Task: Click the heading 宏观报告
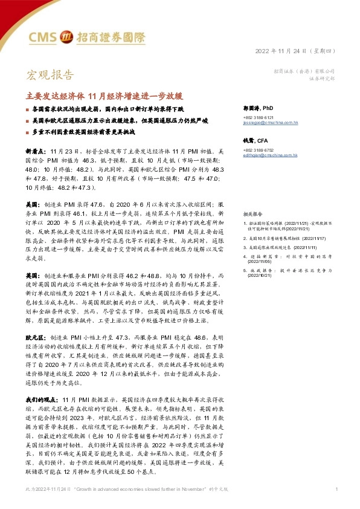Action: click(x=50, y=76)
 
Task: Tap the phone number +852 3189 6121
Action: click(x=258, y=117)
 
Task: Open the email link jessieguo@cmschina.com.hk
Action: click(x=271, y=122)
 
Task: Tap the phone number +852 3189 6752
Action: click(x=258, y=150)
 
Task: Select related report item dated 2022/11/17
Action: click(x=284, y=239)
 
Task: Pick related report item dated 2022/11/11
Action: click(x=281, y=248)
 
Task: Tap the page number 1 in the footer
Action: click(x=335, y=488)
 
